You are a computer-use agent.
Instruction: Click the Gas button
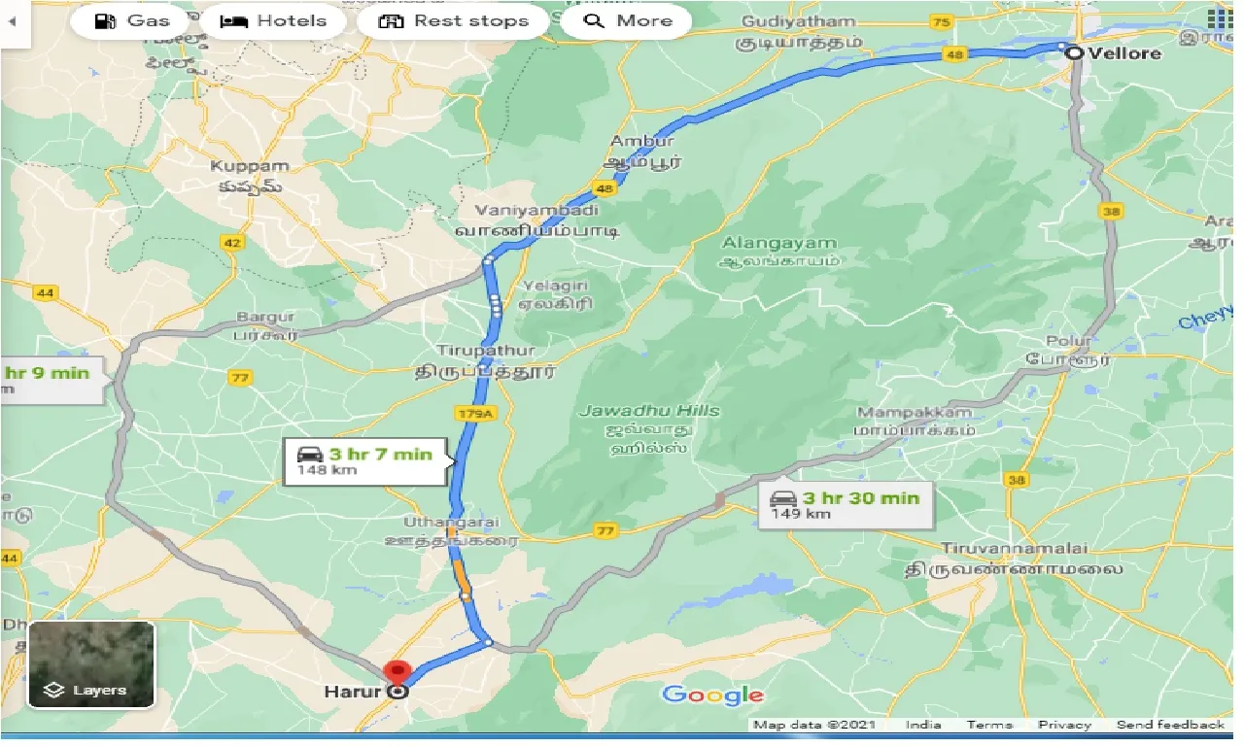pos(134,20)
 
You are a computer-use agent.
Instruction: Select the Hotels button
pos(273,20)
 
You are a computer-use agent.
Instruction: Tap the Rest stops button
pos(453,20)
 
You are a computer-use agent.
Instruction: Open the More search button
pos(628,20)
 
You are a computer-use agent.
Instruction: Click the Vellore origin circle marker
pos(1074,53)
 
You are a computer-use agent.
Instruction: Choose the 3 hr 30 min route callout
pos(844,504)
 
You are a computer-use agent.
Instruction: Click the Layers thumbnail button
pos(91,665)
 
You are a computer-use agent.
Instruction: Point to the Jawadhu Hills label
pos(650,411)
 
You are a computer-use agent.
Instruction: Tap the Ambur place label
pos(642,142)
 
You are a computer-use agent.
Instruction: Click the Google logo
pos(712,695)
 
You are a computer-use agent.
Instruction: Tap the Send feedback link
pos(1170,725)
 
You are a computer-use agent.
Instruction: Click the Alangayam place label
pos(778,243)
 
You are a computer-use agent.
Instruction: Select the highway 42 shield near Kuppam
pos(231,243)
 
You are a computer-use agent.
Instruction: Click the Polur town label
pos(1068,341)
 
